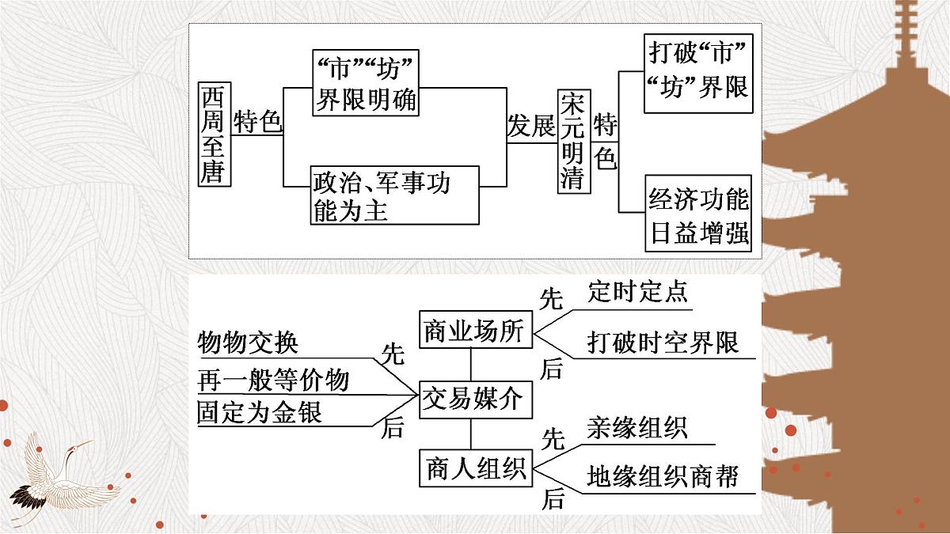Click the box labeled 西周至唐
point(215,134)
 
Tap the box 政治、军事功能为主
point(394,195)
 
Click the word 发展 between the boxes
point(531,127)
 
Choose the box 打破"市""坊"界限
point(697,70)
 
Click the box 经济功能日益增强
point(697,213)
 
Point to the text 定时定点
point(638,292)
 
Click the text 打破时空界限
point(663,342)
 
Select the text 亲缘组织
point(638,428)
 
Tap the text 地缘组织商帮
point(663,476)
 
